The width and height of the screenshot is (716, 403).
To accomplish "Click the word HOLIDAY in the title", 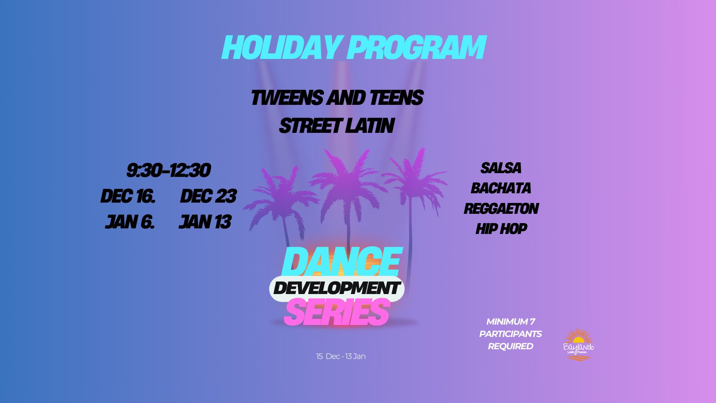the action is [281, 48].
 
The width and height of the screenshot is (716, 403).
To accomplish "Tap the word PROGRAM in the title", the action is [417, 48].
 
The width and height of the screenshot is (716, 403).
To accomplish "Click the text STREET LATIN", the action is [337, 126].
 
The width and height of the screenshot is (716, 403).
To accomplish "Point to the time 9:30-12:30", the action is [169, 171].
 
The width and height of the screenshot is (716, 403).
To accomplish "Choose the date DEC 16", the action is [128, 196].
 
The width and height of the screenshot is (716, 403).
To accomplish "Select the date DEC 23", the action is [208, 196].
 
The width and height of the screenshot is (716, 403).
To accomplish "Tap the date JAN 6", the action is [129, 222].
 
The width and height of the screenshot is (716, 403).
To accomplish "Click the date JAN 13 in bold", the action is [205, 222].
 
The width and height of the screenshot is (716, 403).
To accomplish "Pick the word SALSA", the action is [501, 168].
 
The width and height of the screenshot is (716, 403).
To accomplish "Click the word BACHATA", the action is [501, 188].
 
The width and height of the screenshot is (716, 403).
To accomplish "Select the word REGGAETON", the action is [501, 209].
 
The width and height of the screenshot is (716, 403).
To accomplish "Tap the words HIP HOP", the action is [501, 229].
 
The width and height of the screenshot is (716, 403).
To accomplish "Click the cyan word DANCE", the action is [342, 262].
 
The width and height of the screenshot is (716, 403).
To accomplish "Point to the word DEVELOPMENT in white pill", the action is [337, 288].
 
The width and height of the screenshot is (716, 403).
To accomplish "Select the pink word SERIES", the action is [337, 312].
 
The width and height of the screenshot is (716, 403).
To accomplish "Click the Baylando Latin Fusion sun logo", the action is [578, 344].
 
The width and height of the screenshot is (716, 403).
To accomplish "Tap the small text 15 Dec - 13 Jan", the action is [341, 356].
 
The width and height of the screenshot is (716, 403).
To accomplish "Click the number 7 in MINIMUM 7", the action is [532, 322].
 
